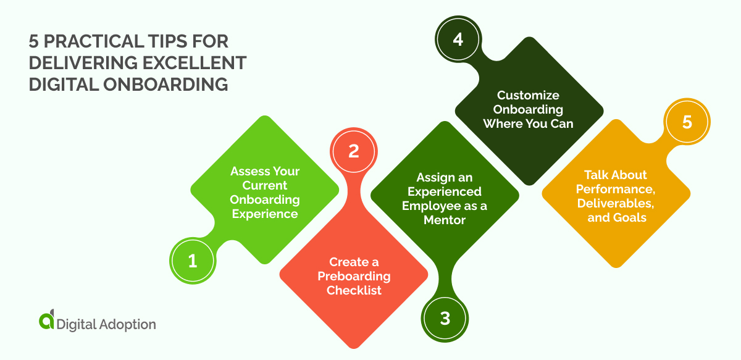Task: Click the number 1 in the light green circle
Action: coord(192,261)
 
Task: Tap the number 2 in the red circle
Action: coord(353,151)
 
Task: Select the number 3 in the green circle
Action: coord(445,319)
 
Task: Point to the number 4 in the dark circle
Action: coord(458,40)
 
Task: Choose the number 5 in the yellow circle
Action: coord(687,122)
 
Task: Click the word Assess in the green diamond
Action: coord(246,171)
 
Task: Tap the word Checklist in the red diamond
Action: coord(354,290)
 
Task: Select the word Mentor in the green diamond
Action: coord(445,220)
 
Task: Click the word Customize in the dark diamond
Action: coord(529,95)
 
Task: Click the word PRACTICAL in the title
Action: coord(103,42)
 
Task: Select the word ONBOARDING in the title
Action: coord(166,85)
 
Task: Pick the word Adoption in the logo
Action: coord(128,324)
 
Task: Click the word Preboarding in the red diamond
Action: coord(354,276)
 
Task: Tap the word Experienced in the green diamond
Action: coord(445,191)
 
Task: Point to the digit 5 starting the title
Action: coord(35,42)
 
